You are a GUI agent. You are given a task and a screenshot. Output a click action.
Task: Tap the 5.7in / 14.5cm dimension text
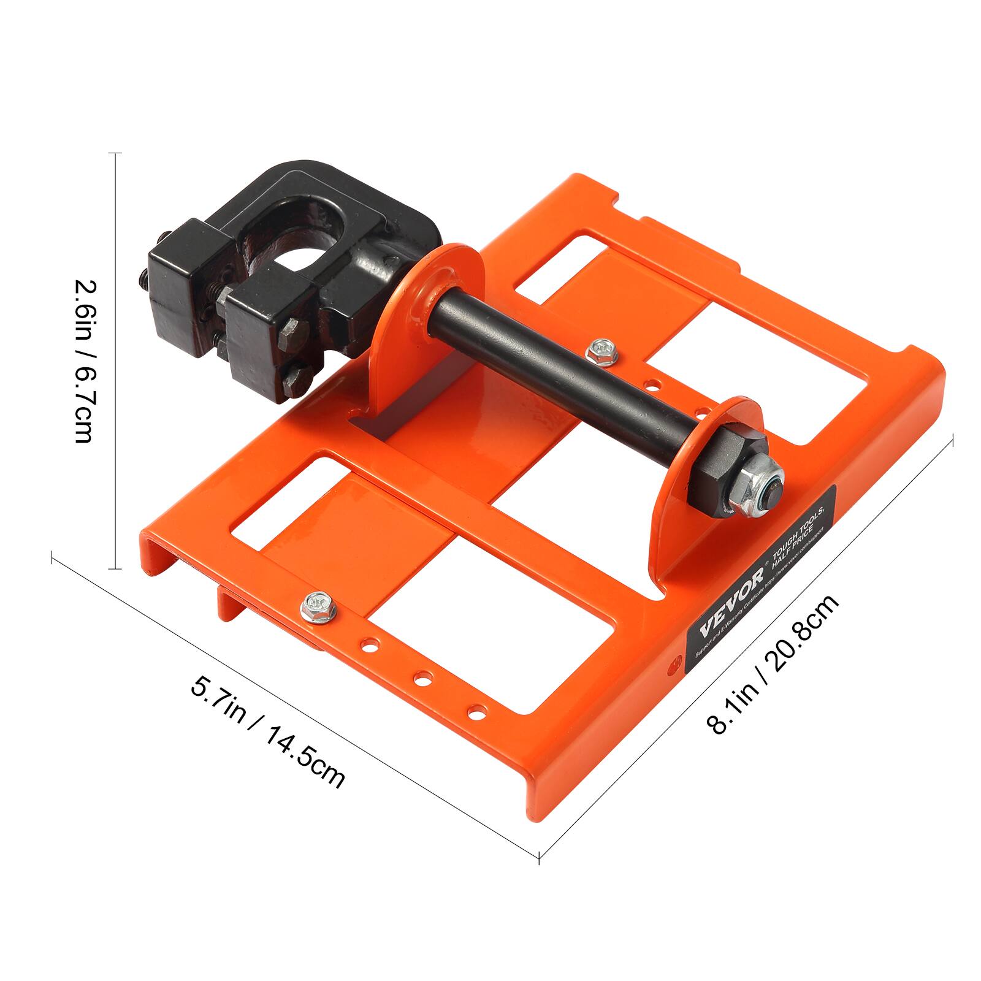tap(268, 731)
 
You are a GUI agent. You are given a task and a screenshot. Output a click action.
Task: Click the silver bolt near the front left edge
tap(316, 606)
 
